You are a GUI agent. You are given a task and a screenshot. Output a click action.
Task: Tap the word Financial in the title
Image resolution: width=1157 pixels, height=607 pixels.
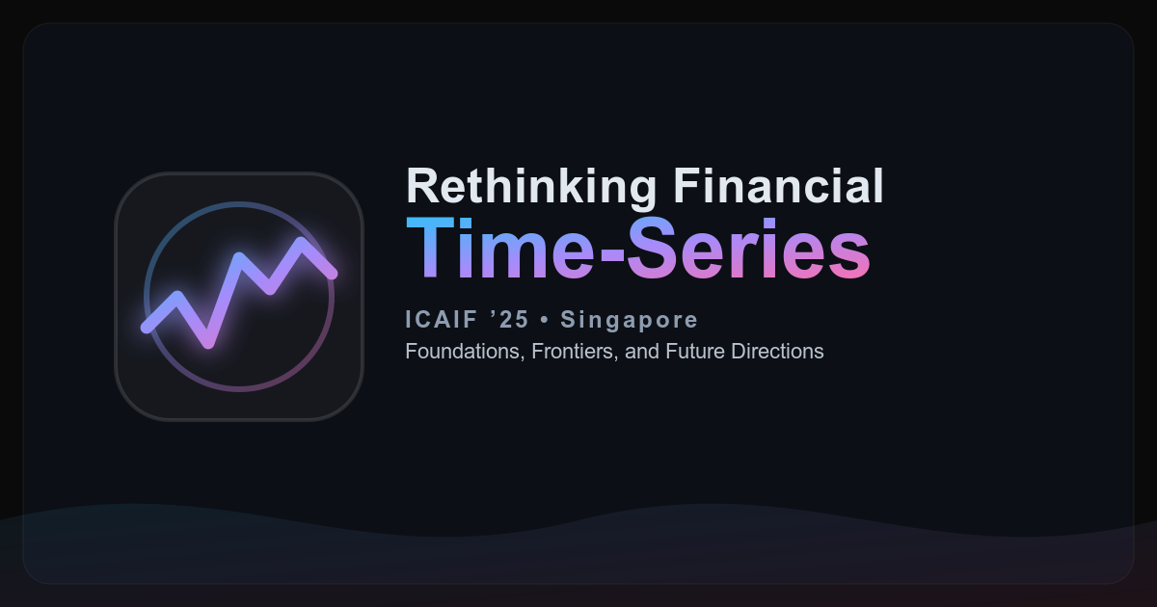coord(778,185)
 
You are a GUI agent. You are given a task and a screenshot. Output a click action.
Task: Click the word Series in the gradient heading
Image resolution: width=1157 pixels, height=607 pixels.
coord(749,249)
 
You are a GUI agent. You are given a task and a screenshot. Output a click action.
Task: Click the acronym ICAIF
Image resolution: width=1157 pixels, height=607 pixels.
coord(442,320)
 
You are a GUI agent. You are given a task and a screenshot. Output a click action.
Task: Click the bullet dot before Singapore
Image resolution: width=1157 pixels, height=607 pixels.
coord(545,320)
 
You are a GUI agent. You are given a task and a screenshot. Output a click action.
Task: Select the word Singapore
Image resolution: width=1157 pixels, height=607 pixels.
coord(629,321)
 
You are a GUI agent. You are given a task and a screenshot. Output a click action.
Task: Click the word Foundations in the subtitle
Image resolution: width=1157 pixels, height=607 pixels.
coord(465,352)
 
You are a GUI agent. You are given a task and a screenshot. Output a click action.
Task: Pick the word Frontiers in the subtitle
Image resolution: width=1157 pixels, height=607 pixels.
coord(575,352)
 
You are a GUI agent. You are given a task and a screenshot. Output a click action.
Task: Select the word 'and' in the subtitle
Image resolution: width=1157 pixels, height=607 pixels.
coord(642,352)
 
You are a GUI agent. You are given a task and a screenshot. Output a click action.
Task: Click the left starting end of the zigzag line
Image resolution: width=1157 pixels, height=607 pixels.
coord(147,328)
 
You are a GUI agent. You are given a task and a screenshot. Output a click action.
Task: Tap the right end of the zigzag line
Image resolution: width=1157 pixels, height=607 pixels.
coord(332,274)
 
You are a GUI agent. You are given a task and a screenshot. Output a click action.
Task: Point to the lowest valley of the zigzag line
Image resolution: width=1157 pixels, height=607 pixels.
coord(208,343)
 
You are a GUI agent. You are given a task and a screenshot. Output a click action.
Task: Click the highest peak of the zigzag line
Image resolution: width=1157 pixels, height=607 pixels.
coord(301,243)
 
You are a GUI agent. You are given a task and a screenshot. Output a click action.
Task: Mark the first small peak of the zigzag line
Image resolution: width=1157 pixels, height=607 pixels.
coord(177,297)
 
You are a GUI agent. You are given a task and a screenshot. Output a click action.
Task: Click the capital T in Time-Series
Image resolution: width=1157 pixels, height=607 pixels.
coord(430,249)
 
